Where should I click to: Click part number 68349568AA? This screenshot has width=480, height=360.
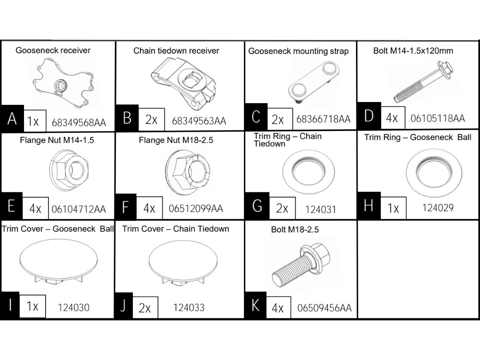point(79,122)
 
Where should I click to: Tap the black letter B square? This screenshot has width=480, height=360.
point(127,118)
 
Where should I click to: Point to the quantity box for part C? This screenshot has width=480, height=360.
point(277,119)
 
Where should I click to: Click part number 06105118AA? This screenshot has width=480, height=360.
point(438,118)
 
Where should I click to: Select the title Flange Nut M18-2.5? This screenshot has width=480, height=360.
point(176,140)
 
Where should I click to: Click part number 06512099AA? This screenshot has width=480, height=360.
point(196,208)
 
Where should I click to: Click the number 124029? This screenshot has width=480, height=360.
point(438,208)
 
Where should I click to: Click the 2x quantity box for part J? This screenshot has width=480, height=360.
point(145,308)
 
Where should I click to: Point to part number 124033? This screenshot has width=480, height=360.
point(189,307)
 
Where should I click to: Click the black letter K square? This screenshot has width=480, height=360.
point(254,306)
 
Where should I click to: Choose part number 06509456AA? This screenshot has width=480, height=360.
point(324,308)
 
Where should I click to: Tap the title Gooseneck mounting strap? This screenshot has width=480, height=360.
point(298,51)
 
